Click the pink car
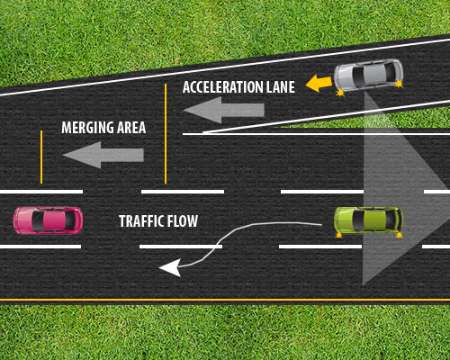click(x=48, y=219)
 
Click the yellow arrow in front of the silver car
click(x=317, y=84)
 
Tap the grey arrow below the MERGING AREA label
click(x=103, y=155)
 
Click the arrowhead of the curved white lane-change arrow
click(x=168, y=266)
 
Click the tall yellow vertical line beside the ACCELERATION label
click(x=166, y=130)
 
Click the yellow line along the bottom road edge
click(x=225, y=299)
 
